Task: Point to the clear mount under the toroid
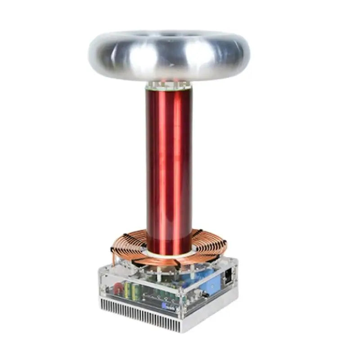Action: click(168, 85)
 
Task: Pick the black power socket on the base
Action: click(229, 275)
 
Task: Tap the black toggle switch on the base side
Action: click(205, 295)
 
